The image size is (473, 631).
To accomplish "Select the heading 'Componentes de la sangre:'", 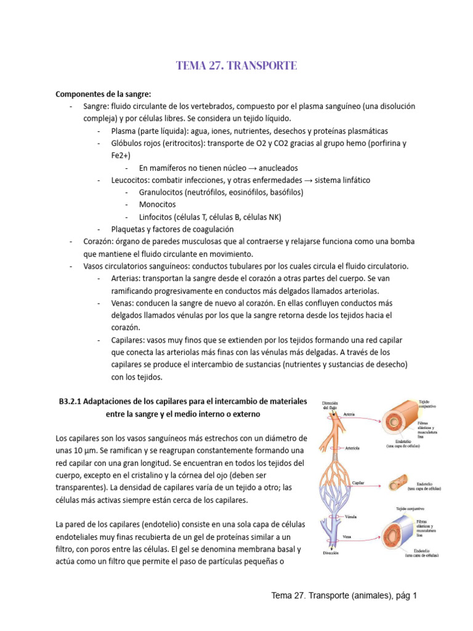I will pos(103,94).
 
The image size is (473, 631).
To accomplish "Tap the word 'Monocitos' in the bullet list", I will pos(157,204).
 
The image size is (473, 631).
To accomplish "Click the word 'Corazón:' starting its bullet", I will pos(100,242).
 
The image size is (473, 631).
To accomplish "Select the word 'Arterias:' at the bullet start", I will pos(127,279).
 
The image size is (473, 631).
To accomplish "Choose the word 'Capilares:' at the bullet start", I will pos(130,340).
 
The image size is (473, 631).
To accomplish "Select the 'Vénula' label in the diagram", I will pos(352,516).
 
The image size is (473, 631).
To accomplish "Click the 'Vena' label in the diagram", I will pos(347,536).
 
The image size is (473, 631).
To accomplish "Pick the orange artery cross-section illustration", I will pos(401,417).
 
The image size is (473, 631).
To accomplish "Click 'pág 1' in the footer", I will pos(406,595).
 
